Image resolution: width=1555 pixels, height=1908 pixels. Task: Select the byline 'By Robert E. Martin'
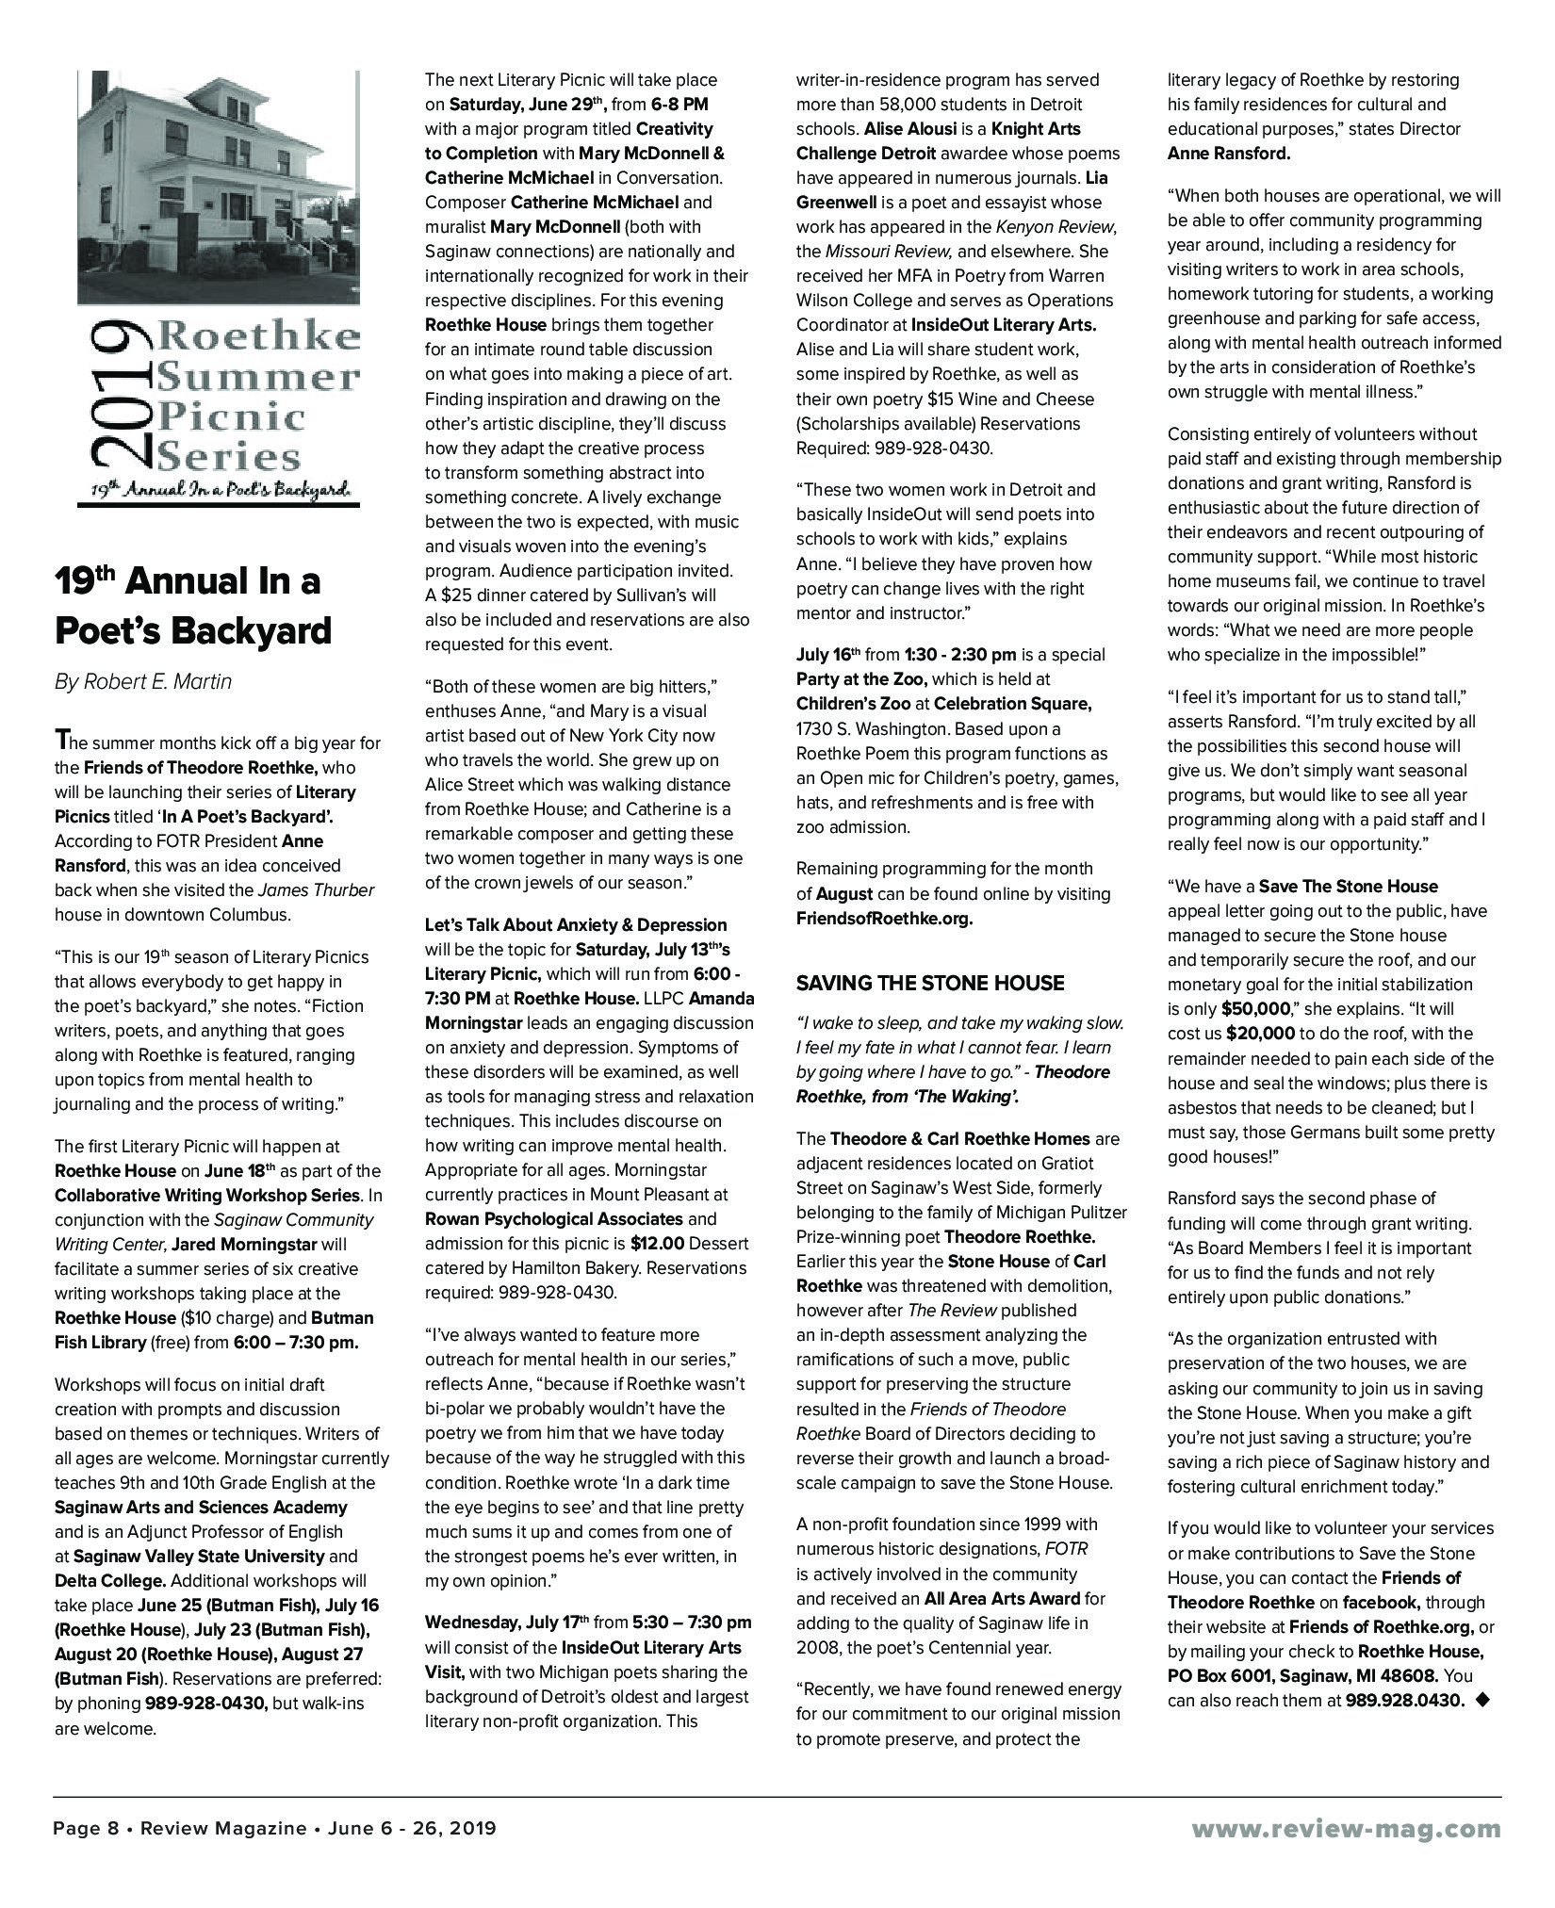click(x=142, y=682)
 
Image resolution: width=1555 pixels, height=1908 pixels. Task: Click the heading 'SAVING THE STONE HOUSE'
click(x=930, y=984)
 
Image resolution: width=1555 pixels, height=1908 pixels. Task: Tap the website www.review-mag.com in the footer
click(x=1347, y=1829)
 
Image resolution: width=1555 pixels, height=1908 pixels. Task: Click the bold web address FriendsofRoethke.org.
click(x=884, y=919)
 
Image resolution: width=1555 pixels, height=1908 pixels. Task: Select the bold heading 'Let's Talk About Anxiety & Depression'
click(x=576, y=925)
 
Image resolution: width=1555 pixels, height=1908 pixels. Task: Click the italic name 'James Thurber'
click(x=316, y=890)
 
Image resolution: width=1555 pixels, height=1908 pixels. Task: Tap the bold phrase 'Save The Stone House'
click(x=1349, y=887)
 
